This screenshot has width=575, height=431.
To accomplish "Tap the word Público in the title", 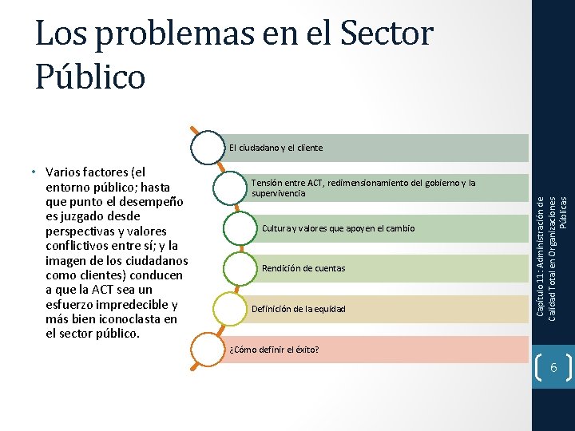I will click(x=90, y=76).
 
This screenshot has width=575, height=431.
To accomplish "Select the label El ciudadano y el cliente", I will click(x=276, y=148).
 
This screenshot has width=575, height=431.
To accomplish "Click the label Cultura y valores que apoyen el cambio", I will click(x=339, y=229).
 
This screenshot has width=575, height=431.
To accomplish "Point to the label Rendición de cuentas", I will click(x=303, y=268).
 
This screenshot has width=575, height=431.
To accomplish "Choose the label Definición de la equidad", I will click(x=299, y=309).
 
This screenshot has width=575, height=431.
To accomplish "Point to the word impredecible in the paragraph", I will click(x=135, y=305).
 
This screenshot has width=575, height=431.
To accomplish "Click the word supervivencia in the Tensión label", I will click(x=278, y=194).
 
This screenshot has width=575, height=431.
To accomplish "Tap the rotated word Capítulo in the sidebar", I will click(x=541, y=298).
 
